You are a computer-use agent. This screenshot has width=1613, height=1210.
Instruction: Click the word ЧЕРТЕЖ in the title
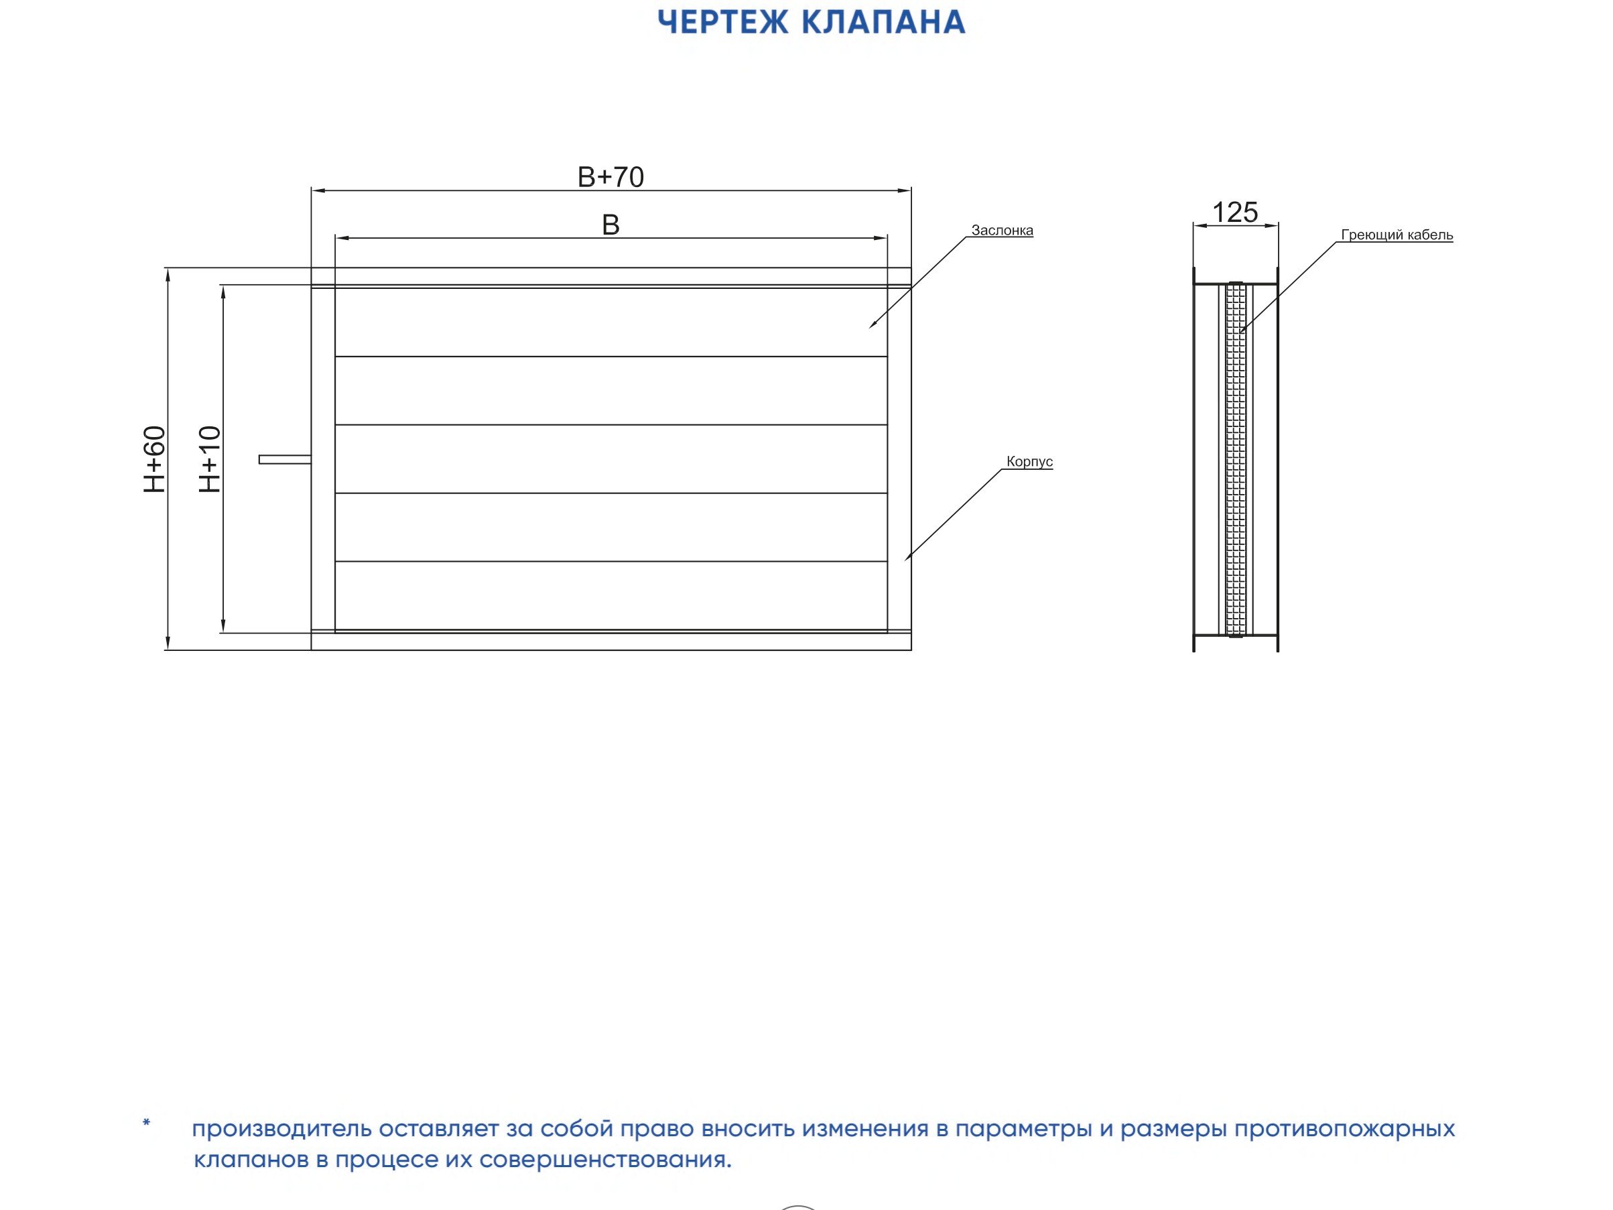coord(722,22)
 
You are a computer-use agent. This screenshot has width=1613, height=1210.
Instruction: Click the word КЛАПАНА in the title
coord(884,22)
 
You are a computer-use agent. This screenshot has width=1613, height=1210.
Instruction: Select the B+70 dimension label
coord(610,176)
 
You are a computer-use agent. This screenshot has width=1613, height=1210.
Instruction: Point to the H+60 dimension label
coord(155,459)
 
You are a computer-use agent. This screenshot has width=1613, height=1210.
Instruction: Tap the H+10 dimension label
coord(210,459)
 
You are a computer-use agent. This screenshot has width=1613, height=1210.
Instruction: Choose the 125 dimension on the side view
coord(1235,213)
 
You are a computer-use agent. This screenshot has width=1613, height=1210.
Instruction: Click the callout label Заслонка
coord(1002,231)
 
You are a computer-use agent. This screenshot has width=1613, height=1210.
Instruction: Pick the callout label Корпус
coord(1029,462)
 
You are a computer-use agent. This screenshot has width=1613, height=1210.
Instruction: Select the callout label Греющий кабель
coord(1397,235)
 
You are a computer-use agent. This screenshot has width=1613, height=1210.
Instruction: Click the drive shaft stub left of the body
coord(285,459)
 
